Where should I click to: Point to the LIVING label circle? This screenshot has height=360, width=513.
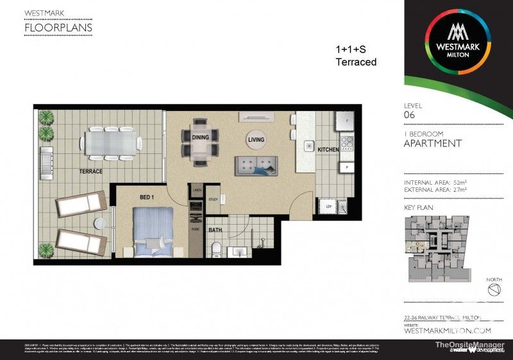[256, 139]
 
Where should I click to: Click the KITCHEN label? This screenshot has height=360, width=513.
[328, 150]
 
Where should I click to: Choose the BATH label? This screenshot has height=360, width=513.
[215, 229]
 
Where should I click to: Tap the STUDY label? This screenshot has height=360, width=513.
[213, 200]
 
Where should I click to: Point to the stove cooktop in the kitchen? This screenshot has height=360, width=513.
[346, 142]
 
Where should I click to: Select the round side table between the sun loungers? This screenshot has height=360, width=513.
[99, 224]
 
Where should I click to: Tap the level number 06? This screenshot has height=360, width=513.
[410, 115]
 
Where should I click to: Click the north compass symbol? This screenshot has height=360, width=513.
[493, 291]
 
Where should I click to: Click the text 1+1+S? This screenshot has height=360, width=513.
[351, 49]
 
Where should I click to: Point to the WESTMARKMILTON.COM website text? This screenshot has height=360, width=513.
[447, 330]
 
